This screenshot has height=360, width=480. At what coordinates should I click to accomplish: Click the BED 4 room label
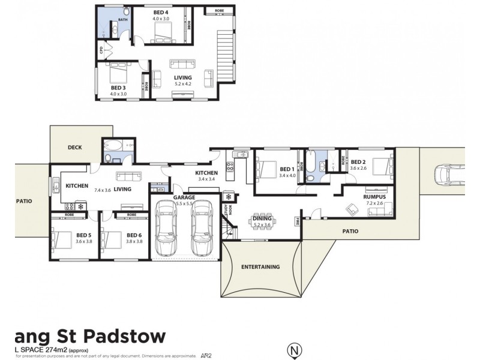point(161,13)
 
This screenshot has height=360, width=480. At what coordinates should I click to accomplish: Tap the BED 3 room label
point(118,88)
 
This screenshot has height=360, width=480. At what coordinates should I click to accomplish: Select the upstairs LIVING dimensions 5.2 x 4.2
point(182,84)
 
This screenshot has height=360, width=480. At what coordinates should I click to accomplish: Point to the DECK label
point(75,147)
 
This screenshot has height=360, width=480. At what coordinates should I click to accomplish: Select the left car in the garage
point(166,226)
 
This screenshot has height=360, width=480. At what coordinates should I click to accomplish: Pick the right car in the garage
point(202,226)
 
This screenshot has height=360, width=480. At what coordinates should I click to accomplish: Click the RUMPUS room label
point(374,197)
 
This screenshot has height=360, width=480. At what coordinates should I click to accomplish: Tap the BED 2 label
point(358,162)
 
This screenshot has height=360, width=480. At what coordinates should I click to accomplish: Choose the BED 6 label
point(134,235)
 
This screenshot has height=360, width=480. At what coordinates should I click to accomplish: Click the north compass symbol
point(293,349)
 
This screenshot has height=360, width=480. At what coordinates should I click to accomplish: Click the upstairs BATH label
point(122,20)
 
